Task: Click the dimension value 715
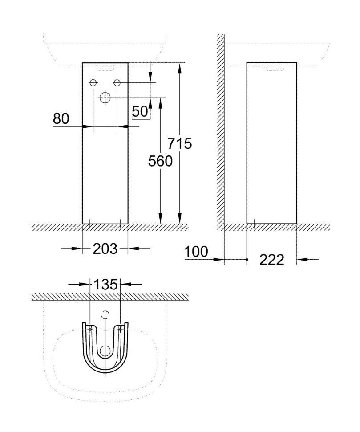tap(179, 144)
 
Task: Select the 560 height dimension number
tap(160, 161)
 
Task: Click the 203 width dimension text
tap(105, 249)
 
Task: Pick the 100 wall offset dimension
tap(196, 252)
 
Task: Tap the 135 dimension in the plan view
tap(105, 284)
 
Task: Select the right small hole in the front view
tap(117, 83)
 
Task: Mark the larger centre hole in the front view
tap(105, 97)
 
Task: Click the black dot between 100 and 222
tap(247, 259)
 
